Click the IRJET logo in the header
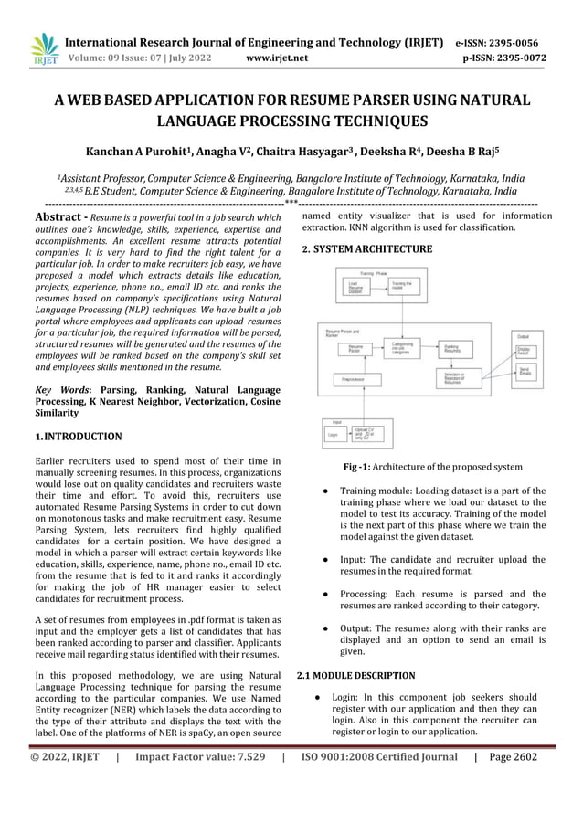44,49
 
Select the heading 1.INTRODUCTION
78,437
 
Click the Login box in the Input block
334,435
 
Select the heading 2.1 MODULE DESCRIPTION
356,675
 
